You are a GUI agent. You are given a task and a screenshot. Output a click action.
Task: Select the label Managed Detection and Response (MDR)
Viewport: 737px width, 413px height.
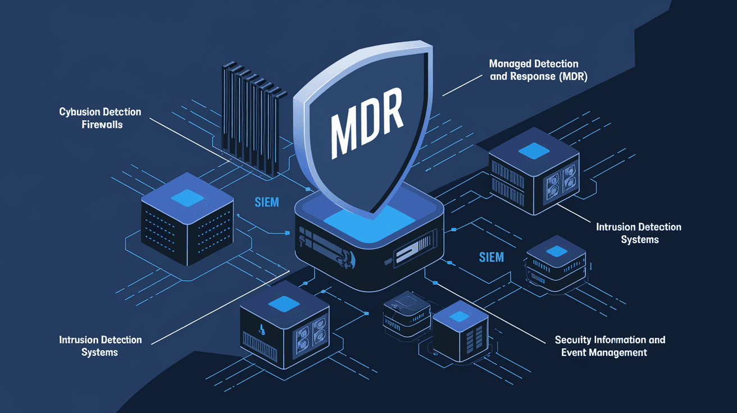(x=538, y=71)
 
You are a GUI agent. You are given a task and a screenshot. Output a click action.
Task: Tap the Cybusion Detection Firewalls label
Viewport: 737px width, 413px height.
(x=100, y=118)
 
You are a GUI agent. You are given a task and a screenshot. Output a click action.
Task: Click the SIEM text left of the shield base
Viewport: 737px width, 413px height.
(x=267, y=202)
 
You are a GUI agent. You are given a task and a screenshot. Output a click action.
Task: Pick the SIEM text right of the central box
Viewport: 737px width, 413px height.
(x=492, y=258)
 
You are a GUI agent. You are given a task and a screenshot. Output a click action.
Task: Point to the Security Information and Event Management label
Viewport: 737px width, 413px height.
(x=609, y=346)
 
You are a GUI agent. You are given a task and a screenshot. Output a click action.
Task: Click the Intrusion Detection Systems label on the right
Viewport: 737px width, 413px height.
(x=639, y=233)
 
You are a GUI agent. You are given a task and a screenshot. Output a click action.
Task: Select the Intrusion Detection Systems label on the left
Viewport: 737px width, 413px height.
(x=100, y=346)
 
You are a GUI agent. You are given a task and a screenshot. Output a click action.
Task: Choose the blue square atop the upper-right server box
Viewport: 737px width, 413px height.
(x=532, y=150)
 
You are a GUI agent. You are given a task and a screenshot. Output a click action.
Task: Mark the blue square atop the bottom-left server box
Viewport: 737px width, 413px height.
(x=283, y=304)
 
